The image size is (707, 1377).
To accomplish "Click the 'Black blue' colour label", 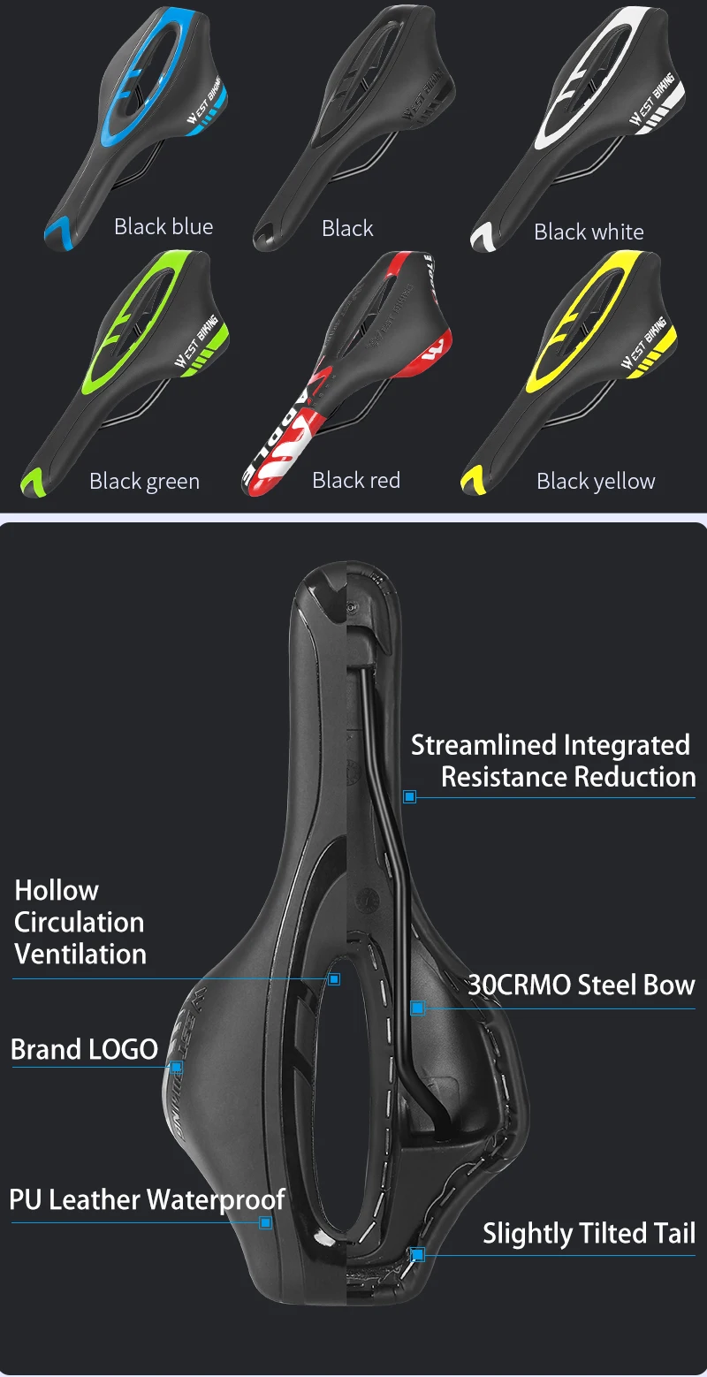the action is pyautogui.click(x=163, y=226).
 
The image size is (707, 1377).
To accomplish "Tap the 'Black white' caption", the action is pyautogui.click(x=589, y=232).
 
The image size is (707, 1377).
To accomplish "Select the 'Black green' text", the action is pyautogui.click(x=144, y=481).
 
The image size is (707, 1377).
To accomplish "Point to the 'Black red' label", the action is pyautogui.click(x=356, y=480).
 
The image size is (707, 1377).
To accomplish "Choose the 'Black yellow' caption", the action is pyautogui.click(x=596, y=481).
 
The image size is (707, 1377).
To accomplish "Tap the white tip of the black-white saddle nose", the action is pyautogui.click(x=483, y=236).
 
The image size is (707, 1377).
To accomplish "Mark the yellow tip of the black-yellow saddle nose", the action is pyautogui.click(x=472, y=483).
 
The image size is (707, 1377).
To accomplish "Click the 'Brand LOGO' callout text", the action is pyautogui.click(x=84, y=1049).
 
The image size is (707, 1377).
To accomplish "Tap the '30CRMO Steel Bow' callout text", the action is pyautogui.click(x=581, y=985).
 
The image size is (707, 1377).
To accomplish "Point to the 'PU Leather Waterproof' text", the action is pyautogui.click(x=147, y=1199).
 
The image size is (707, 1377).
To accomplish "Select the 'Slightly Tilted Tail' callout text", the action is pyautogui.click(x=589, y=1233).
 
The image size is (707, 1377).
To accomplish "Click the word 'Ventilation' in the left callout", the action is pyautogui.click(x=80, y=954).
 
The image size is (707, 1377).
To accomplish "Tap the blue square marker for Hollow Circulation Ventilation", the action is pyautogui.click(x=334, y=978).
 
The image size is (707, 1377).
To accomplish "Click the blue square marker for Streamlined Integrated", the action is pyautogui.click(x=409, y=796).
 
